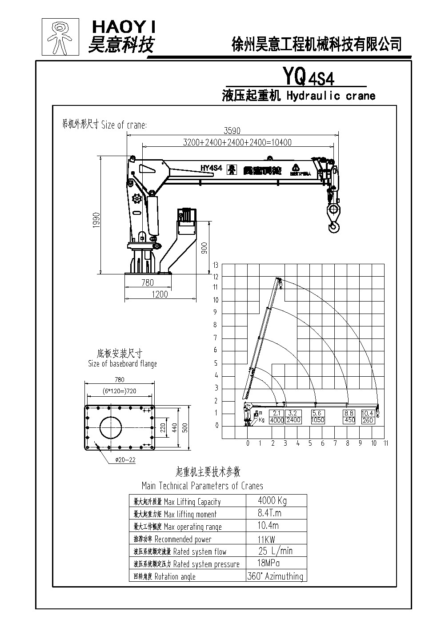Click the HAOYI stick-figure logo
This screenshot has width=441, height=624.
(x=60, y=36)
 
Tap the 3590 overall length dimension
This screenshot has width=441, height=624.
(x=232, y=131)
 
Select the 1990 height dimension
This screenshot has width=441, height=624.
(x=96, y=220)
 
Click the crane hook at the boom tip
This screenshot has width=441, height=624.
(x=333, y=218)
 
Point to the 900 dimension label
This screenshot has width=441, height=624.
(x=204, y=248)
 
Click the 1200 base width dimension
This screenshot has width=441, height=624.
(x=160, y=294)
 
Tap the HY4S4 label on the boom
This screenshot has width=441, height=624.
(x=211, y=168)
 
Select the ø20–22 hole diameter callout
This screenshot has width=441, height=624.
(x=125, y=460)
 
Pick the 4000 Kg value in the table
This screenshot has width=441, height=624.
(x=272, y=501)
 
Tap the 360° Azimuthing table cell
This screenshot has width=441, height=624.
(x=275, y=576)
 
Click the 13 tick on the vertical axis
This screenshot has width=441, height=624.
(x=216, y=265)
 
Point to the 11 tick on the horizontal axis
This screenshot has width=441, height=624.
(x=385, y=443)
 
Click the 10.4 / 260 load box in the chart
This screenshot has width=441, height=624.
(x=368, y=417)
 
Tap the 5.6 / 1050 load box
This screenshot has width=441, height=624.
(x=317, y=417)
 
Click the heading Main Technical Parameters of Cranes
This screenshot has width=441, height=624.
(x=202, y=486)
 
